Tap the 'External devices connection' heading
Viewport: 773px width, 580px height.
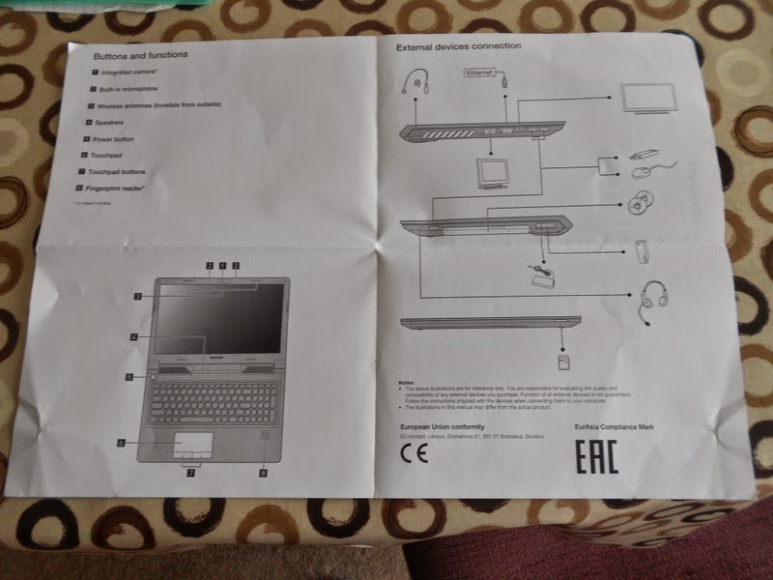(x=458, y=46)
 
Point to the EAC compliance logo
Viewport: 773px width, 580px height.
(x=597, y=457)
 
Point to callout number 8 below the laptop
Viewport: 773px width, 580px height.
(x=262, y=473)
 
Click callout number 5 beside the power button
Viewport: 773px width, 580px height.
(x=129, y=377)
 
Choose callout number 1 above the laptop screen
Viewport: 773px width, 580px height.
(x=222, y=265)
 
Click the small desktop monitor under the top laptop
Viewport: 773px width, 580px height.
(x=494, y=172)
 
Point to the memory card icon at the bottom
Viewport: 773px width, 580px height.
(x=561, y=360)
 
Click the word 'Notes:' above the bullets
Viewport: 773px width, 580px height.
(x=406, y=382)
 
